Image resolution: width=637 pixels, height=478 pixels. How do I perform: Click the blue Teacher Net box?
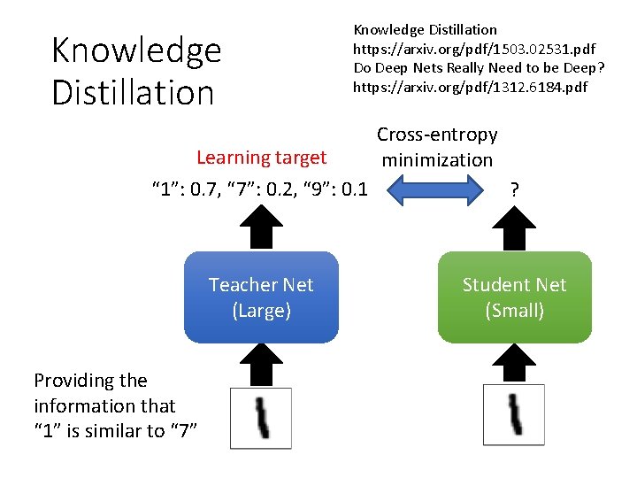pyautogui.click(x=261, y=297)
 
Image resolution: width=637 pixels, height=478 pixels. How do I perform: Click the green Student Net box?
pyautogui.click(x=514, y=297)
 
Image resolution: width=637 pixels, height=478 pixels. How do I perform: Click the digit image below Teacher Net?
pyautogui.click(x=261, y=418)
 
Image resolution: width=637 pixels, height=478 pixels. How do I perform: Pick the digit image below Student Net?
pyautogui.click(x=514, y=414)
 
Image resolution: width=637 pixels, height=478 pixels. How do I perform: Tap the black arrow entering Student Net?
pyautogui.click(x=514, y=363)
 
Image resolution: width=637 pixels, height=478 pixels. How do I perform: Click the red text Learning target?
pyautogui.click(x=261, y=158)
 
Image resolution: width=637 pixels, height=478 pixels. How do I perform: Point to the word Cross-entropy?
pyautogui.click(x=437, y=135)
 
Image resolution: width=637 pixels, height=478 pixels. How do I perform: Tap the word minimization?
pyautogui.click(x=437, y=160)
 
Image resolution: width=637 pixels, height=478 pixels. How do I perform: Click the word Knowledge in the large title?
pyautogui.click(x=136, y=50)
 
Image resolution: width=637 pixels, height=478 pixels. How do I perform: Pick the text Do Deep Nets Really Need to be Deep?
pyautogui.click(x=478, y=67)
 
